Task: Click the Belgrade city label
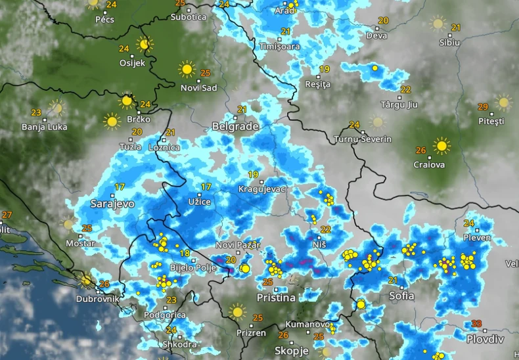click(235, 126)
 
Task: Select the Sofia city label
click(401, 296)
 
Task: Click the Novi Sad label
click(198, 87)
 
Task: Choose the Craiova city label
click(430, 165)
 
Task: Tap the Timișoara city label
click(279, 47)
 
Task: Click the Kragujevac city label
click(262, 189)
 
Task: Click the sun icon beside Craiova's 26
click(442, 146)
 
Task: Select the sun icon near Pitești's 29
click(504, 102)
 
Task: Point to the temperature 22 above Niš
click(325, 230)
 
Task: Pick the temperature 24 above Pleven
click(468, 223)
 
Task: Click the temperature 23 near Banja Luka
click(36, 112)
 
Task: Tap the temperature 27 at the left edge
click(7, 215)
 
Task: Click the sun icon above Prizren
click(237, 311)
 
